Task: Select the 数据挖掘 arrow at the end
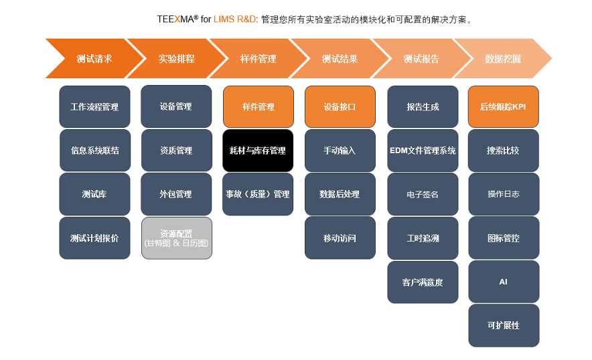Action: click(x=503, y=59)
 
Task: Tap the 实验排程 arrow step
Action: click(x=176, y=59)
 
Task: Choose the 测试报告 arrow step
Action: click(x=421, y=59)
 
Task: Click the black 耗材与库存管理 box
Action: click(x=258, y=151)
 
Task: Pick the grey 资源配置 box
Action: click(x=176, y=238)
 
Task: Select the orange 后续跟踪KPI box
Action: click(x=504, y=106)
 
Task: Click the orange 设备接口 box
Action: click(x=340, y=106)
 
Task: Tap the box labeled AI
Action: click(x=504, y=282)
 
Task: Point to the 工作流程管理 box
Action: click(x=94, y=106)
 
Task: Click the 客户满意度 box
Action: click(x=423, y=282)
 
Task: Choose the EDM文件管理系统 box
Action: click(x=423, y=151)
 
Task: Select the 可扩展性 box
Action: click(x=504, y=325)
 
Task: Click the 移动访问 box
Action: click(x=340, y=238)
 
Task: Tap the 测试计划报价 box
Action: click(x=94, y=238)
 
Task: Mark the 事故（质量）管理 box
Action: click(x=258, y=194)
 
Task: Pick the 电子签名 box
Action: click(x=423, y=194)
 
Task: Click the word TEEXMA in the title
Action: click(x=175, y=19)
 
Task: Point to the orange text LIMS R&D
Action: click(x=235, y=19)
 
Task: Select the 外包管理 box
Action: click(x=176, y=194)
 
